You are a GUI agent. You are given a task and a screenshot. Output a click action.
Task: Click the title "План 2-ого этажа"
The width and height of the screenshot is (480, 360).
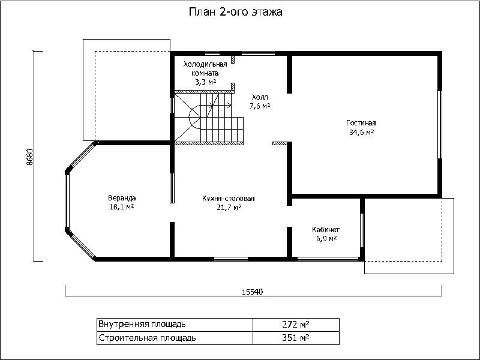point(235,12)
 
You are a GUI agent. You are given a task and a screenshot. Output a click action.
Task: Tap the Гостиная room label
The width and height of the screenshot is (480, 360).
point(361,123)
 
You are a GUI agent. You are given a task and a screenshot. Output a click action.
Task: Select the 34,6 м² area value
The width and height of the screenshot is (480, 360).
point(361,132)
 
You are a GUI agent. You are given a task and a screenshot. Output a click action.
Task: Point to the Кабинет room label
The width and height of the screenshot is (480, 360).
point(326,230)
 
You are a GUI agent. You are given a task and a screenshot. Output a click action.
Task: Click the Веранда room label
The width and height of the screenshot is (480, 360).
point(122,198)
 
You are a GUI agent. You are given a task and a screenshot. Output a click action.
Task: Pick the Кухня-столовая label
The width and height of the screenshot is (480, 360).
point(229,199)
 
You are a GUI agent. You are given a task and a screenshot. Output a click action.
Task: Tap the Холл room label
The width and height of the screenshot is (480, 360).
point(260,97)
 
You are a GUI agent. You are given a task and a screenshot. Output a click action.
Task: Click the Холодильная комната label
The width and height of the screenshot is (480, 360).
point(205,68)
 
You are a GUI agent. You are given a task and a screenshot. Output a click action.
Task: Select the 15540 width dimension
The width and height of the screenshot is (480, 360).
point(253,292)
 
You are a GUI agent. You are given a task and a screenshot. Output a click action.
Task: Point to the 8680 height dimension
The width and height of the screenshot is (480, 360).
point(29,157)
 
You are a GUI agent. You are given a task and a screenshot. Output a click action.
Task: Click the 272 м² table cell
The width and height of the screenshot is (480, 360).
point(296,324)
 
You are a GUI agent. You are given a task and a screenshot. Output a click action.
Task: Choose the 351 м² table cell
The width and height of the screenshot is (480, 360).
point(296,338)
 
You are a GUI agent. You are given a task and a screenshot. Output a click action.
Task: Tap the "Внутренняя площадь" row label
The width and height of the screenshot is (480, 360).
point(142,324)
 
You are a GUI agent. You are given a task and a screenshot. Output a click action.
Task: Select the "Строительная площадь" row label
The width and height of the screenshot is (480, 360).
point(147,338)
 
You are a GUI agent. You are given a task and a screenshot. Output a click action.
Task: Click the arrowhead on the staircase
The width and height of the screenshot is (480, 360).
point(230,106)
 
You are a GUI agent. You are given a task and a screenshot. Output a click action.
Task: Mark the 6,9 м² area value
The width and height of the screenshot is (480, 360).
point(326,238)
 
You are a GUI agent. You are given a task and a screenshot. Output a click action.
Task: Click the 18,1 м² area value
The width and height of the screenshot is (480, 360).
point(122,207)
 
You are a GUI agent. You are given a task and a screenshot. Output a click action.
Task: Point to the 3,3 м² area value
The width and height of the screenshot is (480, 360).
point(205,82)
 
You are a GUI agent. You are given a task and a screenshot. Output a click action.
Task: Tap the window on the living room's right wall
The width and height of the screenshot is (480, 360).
point(440,125)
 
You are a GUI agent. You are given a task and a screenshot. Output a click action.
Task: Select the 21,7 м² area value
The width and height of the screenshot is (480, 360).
point(229,208)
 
